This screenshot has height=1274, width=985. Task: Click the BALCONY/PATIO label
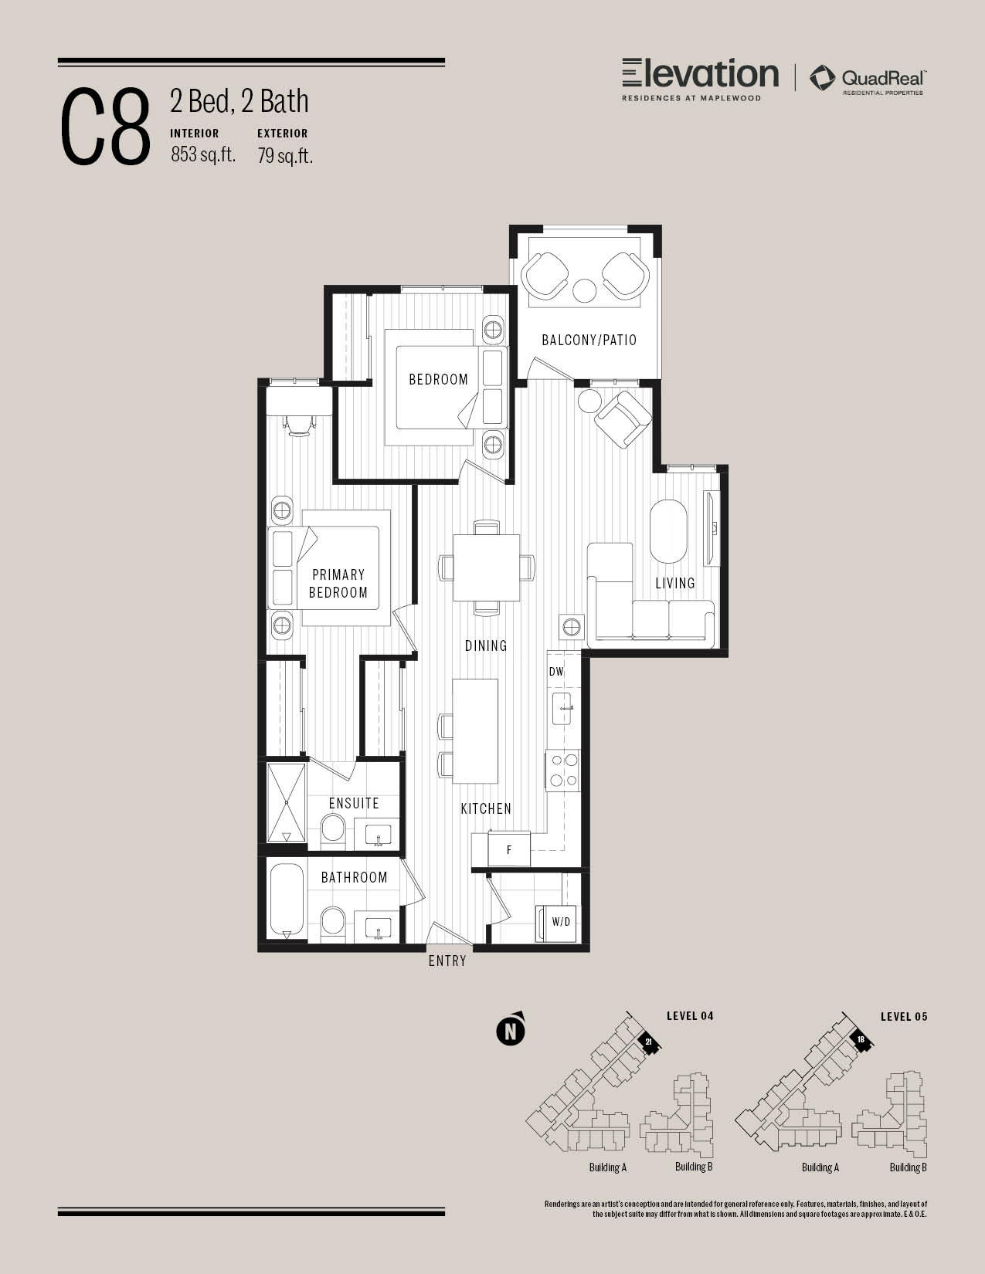589,340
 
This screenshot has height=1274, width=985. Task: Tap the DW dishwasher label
556,671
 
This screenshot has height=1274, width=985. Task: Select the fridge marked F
509,849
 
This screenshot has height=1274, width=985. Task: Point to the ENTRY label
447,961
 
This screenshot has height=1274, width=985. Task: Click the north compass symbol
511,1031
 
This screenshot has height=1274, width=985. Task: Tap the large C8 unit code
105,127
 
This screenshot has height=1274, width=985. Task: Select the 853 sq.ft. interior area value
203,154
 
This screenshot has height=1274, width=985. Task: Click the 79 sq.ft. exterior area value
284,155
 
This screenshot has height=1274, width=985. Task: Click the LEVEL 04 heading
690,1016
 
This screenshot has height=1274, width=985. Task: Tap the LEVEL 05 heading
904,1017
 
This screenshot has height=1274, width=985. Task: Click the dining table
487,567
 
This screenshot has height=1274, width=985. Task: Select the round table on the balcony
584,290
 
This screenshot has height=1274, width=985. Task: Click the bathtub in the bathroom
287,900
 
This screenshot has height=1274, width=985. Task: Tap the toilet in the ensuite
334,828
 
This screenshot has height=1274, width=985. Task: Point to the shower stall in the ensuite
287,802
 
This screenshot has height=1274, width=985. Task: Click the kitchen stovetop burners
563,771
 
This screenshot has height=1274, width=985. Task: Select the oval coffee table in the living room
668,531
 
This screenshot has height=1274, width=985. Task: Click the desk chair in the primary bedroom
299,425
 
